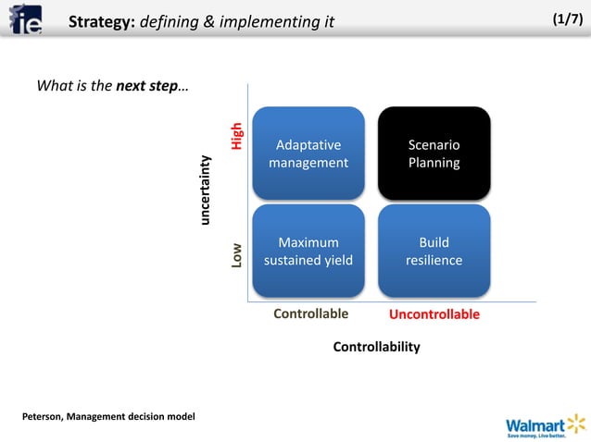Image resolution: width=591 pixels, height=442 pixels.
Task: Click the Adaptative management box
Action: click(x=308, y=153)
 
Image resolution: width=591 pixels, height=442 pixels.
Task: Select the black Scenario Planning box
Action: click(x=434, y=153)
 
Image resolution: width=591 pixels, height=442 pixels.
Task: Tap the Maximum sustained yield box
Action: click(x=308, y=251)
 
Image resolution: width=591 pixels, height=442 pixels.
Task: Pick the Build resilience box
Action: click(x=434, y=251)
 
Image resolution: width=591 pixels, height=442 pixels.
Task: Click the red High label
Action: click(x=238, y=137)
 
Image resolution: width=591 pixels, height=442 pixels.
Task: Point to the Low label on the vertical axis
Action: click(x=238, y=255)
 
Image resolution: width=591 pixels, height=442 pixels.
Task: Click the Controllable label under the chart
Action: click(x=310, y=313)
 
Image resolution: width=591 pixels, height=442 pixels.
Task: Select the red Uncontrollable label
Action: click(x=434, y=314)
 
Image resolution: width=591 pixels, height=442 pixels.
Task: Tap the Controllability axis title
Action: click(x=376, y=347)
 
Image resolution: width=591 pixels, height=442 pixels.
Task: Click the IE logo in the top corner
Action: click(x=26, y=19)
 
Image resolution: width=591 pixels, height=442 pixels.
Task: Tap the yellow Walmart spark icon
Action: click(x=576, y=423)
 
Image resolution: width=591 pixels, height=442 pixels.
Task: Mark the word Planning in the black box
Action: click(x=434, y=163)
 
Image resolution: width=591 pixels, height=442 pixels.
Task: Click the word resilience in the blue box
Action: click(x=434, y=260)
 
